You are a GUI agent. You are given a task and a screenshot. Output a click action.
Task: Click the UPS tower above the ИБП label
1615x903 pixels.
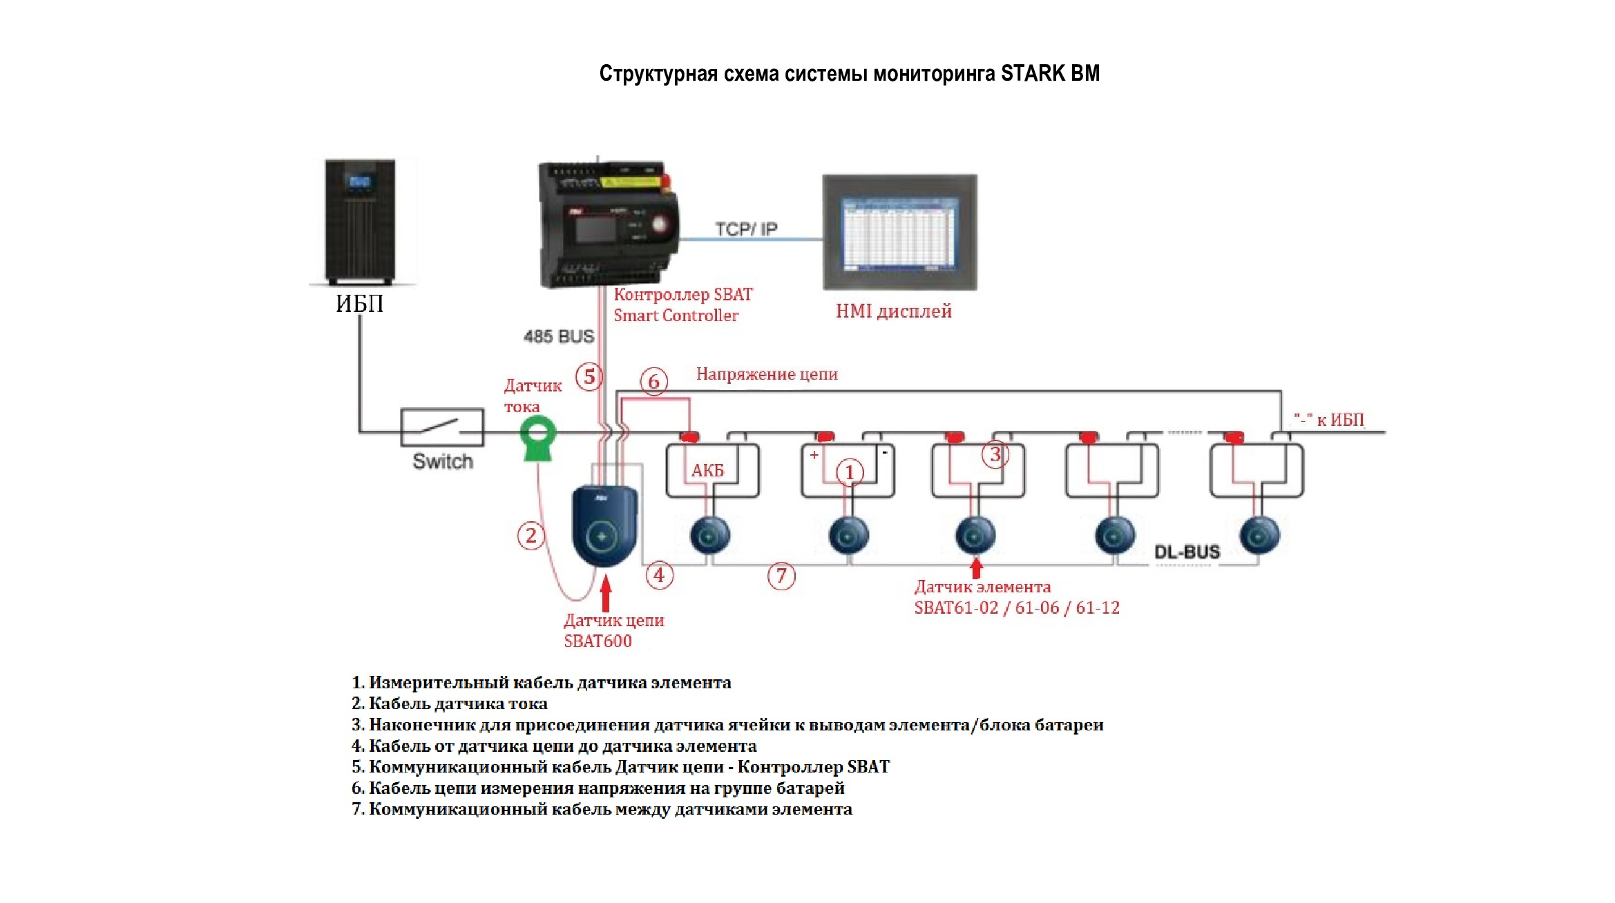pos(360,222)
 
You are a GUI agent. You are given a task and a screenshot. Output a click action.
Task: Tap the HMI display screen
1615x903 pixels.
pos(899,233)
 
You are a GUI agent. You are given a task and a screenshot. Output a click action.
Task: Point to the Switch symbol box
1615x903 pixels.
pos(442,427)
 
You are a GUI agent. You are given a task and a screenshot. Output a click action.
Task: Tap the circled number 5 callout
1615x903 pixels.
pos(589,377)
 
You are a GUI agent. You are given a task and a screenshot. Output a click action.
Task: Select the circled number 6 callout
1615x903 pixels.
pos(653,381)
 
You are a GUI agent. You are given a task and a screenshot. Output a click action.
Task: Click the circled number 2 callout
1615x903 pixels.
pos(531,536)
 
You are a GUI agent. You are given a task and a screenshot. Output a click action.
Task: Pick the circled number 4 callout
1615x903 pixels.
pos(659,575)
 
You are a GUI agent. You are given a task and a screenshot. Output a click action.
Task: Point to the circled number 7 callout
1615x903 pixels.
pos(781,576)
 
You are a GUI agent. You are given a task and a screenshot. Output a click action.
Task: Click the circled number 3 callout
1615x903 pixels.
pos(995,455)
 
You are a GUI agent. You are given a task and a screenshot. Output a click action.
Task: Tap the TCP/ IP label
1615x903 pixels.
pos(746,229)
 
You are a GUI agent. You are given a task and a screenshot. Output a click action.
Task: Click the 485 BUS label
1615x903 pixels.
pos(559,337)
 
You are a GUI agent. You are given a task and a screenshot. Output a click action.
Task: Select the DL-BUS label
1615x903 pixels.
pos(1187,552)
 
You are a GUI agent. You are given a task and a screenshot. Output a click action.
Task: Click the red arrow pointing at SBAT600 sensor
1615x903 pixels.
pos(606,594)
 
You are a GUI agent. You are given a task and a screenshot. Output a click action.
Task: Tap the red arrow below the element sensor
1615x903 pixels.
pos(976,567)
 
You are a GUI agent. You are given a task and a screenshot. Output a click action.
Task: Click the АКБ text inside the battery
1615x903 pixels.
pos(707,471)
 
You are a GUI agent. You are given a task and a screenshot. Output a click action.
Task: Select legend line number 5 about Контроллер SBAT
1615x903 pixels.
pos(620,767)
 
